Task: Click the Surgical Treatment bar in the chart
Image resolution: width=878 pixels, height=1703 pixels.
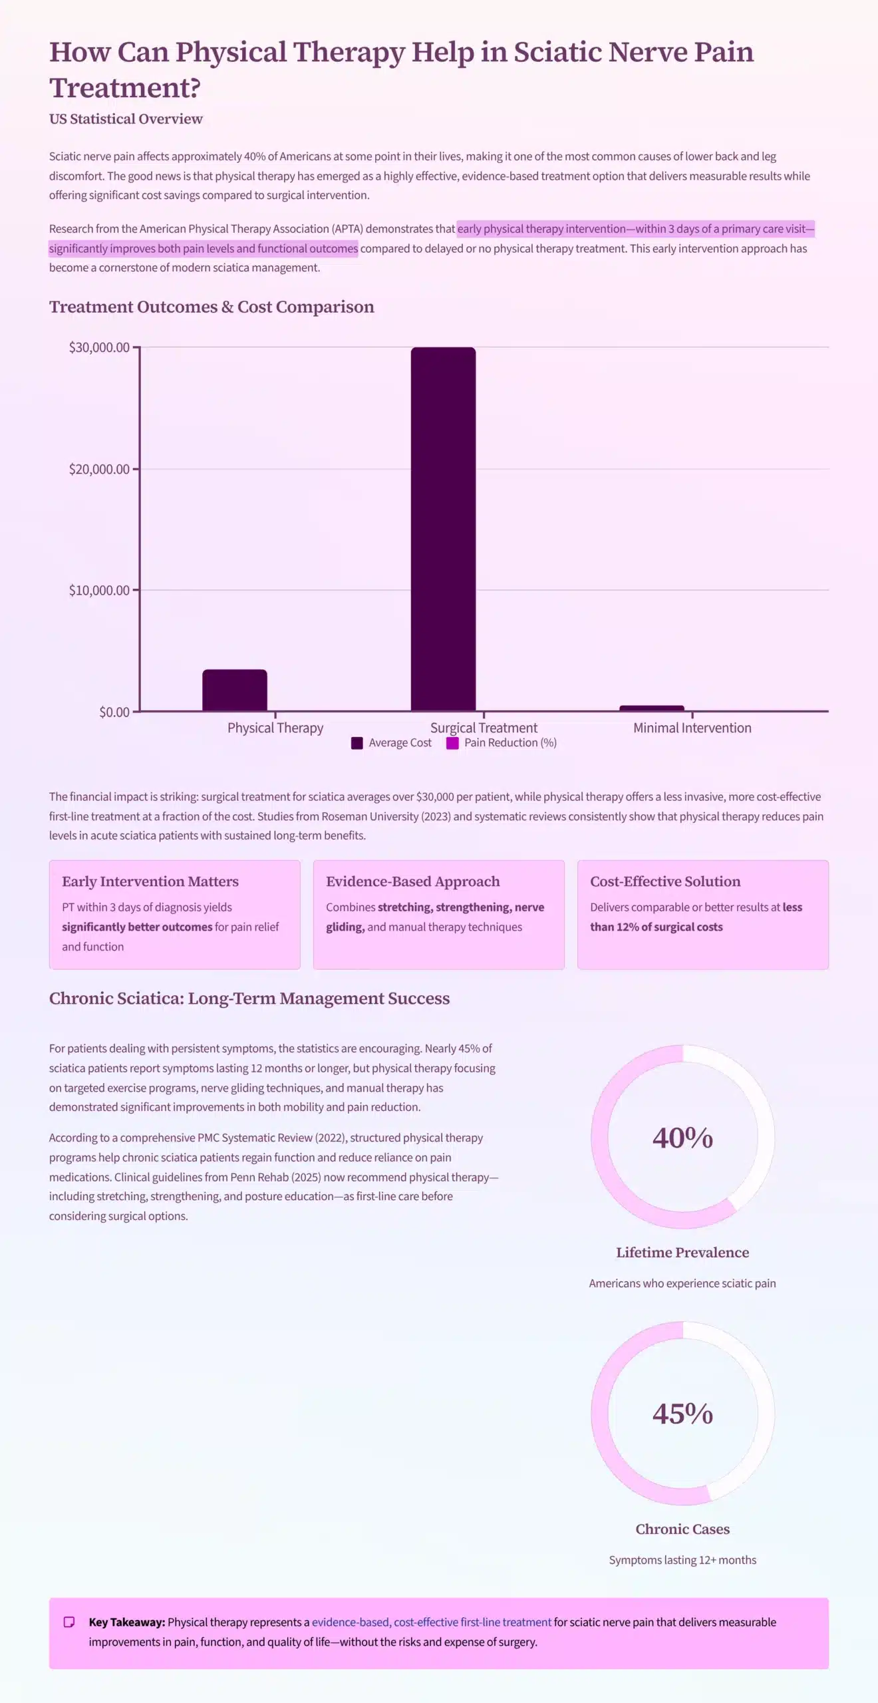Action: point(443,529)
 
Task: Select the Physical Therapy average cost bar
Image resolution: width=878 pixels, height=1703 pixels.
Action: point(235,690)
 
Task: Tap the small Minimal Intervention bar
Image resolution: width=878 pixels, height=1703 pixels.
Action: point(652,708)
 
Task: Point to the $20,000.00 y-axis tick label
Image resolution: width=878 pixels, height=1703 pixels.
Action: point(99,469)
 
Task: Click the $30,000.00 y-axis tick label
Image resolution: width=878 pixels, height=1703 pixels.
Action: point(99,347)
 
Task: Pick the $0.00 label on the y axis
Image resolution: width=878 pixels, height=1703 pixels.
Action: point(114,712)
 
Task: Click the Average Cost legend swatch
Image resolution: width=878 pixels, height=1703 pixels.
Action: point(357,743)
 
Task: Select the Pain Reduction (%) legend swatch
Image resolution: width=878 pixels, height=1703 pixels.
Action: point(452,743)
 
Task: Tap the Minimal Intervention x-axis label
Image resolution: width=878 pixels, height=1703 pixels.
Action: point(692,728)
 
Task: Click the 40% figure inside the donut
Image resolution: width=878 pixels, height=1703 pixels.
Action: point(682,1138)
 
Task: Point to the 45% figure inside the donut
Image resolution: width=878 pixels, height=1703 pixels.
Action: point(682,1414)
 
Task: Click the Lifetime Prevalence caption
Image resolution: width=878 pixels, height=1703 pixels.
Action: point(682,1253)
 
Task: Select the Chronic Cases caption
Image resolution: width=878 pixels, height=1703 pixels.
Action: point(682,1529)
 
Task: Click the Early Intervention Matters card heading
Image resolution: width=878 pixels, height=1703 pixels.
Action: point(150,881)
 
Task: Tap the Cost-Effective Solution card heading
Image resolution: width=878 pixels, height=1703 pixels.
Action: point(665,881)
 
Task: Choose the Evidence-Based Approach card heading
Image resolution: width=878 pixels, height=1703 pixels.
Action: point(412,881)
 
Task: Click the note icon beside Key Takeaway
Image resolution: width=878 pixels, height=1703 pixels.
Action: point(69,1622)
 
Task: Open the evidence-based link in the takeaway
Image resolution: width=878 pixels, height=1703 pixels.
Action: point(350,1622)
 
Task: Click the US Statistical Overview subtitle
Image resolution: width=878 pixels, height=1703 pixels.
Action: point(126,118)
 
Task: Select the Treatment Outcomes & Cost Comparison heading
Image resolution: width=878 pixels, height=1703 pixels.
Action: point(212,307)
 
